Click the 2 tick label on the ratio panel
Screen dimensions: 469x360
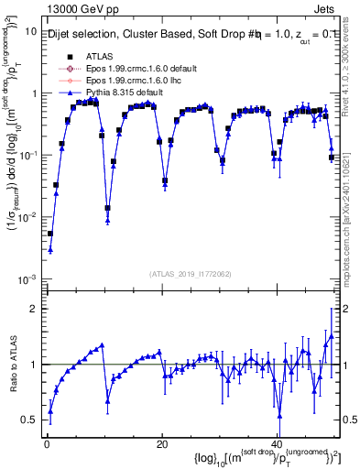click(x=32, y=309)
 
